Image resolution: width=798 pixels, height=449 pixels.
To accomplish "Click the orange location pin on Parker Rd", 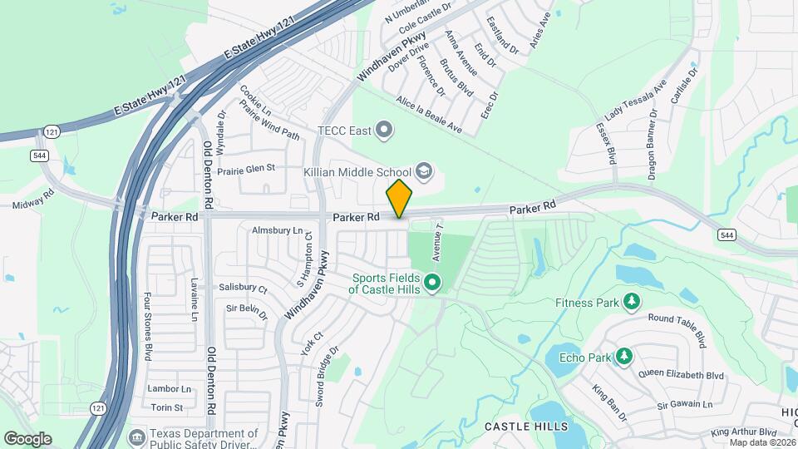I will pos(399,198).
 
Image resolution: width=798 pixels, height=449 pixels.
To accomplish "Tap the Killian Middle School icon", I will pos(424,171).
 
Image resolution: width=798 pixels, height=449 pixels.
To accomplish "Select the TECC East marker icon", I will pos(383,129).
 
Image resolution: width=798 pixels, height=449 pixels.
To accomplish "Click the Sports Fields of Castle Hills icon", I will pos(432,284).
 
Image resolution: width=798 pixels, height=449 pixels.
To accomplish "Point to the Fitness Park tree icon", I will pos(632,301).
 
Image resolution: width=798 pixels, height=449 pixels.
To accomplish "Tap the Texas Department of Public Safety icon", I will pos(135,435).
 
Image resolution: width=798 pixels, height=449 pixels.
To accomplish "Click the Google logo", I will pos(27,439).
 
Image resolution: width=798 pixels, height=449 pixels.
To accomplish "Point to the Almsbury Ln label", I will pos(278,229).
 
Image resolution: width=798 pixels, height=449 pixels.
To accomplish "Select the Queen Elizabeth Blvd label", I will pos(682,375).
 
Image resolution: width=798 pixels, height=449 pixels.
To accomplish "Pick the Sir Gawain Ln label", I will pos(685,405).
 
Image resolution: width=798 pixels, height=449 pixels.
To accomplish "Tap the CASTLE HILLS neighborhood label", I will pos(526,427).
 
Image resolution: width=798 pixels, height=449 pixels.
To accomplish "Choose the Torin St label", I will pos(167,407).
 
